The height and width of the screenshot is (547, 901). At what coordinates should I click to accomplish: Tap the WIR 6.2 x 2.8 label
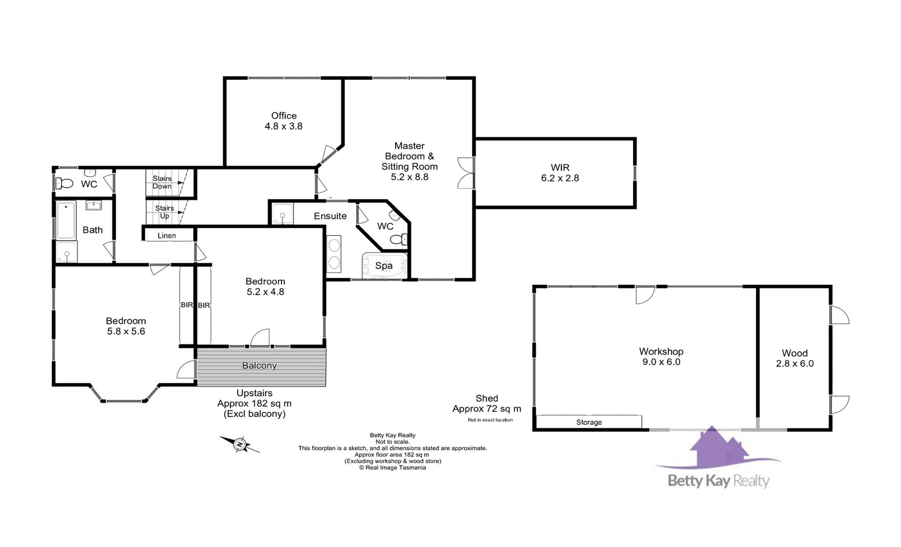pyautogui.click(x=560, y=173)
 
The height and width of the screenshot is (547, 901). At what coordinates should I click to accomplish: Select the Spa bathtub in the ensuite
pyautogui.click(x=384, y=266)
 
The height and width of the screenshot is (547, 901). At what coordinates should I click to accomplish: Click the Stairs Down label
pyautogui.click(x=162, y=182)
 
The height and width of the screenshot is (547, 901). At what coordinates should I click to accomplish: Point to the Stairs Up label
pyautogui.click(x=164, y=212)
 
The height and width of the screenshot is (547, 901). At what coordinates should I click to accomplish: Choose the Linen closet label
pyautogui.click(x=167, y=236)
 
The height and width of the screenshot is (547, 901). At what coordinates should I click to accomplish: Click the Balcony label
pyautogui.click(x=260, y=366)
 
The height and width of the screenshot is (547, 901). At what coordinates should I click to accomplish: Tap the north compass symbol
pyautogui.click(x=240, y=444)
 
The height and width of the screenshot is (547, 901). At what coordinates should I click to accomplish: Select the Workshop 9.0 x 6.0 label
pyautogui.click(x=661, y=357)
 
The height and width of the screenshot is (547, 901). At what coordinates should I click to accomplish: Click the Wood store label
pyautogui.click(x=795, y=358)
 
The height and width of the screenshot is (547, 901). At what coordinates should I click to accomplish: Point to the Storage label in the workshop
pyautogui.click(x=589, y=422)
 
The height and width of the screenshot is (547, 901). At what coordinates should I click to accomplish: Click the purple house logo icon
pyautogui.click(x=717, y=448)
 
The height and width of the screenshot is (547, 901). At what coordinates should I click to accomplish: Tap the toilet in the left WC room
pyautogui.click(x=64, y=183)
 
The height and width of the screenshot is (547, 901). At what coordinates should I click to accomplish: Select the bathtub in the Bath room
pyautogui.click(x=66, y=220)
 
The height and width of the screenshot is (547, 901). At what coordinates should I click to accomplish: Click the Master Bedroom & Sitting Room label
pyautogui.click(x=409, y=161)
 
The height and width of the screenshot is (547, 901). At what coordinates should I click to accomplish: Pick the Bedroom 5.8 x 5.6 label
pyautogui.click(x=125, y=326)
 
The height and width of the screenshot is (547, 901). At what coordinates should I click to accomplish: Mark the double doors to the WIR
pyautogui.click(x=466, y=173)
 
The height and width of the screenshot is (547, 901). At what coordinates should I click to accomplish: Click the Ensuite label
pyautogui.click(x=330, y=216)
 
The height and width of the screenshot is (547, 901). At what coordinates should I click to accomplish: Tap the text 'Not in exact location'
pyautogui.click(x=490, y=420)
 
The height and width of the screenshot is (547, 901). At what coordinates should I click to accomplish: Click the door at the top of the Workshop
pyautogui.click(x=645, y=295)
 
